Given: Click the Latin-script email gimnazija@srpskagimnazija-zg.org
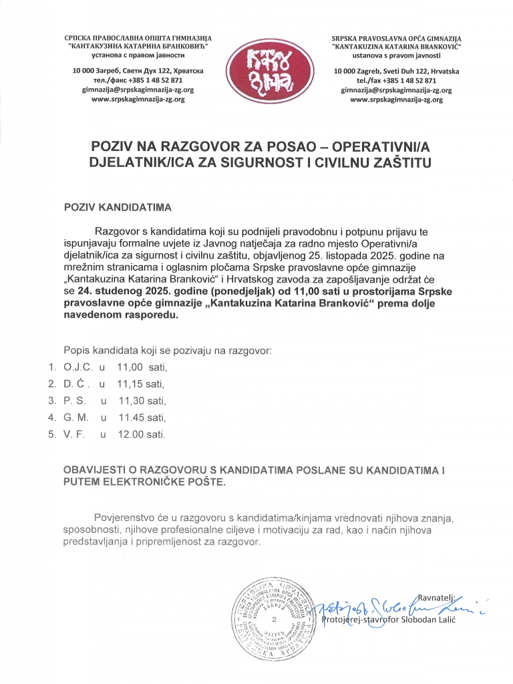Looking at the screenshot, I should [396, 90].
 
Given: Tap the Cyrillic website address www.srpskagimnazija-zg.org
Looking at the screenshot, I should [138, 99].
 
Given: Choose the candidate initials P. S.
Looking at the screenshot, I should [75, 401].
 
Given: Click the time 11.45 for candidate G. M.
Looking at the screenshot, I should [131, 417].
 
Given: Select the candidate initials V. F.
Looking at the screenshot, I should [75, 434].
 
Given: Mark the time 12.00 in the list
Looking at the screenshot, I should [131, 434].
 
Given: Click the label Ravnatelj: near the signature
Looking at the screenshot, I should [436, 598].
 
